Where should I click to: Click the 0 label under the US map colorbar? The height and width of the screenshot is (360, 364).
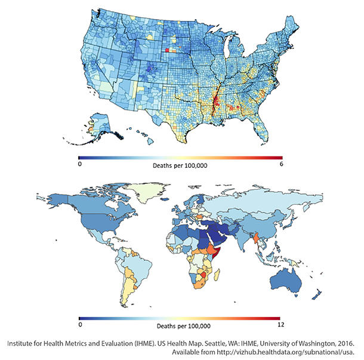[x=80, y=163]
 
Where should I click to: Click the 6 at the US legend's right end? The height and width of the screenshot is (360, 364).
[x=280, y=163]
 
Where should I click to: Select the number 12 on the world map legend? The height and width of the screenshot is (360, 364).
[x=279, y=327]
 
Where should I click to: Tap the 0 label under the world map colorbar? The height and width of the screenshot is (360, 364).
[x=80, y=327]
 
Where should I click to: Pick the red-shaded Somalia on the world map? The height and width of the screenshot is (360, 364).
[x=217, y=256]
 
